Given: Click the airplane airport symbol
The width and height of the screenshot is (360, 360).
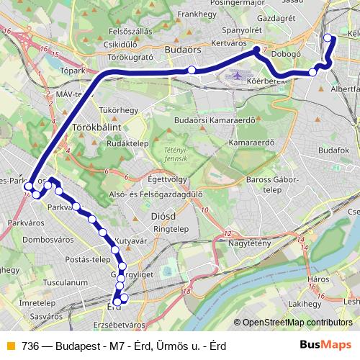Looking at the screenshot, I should (x=237, y=75).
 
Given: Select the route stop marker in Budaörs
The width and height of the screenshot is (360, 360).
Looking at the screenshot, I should (x=192, y=69).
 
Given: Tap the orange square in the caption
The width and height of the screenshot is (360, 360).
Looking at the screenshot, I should (x=10, y=346).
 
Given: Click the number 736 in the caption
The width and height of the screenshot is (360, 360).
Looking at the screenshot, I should (x=30, y=346).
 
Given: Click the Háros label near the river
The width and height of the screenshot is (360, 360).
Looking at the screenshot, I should (x=318, y=278).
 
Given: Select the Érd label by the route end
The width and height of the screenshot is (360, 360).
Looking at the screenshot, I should (x=113, y=306).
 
